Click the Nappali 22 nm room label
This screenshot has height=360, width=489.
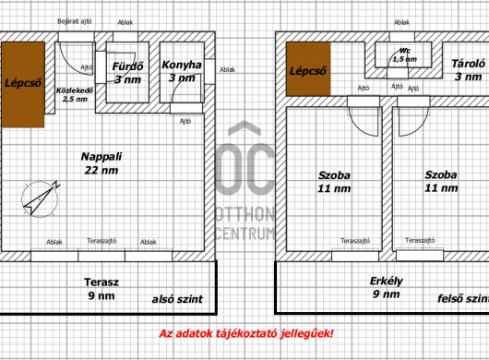(x=100, y=163)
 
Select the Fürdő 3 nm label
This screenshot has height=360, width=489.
(x=127, y=73)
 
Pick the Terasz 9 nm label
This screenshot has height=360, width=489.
(x=100, y=288)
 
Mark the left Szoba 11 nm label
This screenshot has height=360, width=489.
(x=335, y=181)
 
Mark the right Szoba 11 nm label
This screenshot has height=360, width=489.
(x=441, y=181)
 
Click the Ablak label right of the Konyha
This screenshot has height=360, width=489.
(x=227, y=70)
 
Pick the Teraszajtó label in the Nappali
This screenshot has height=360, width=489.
(x=101, y=242)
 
